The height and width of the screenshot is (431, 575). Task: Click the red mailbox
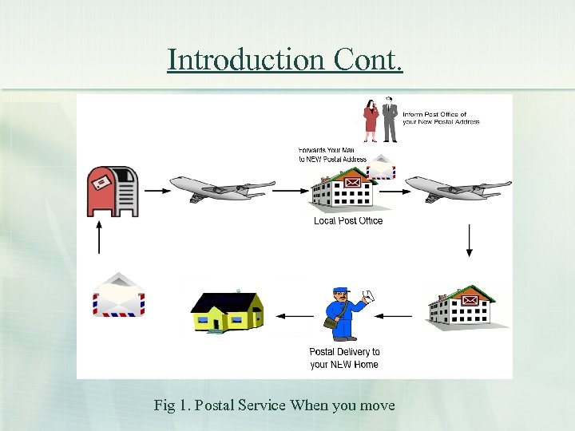(x=113, y=191)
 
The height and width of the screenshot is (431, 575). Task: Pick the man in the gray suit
(x=390, y=119)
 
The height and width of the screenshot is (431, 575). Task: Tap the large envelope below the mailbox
(x=119, y=295)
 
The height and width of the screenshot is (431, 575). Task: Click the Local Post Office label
(x=348, y=221)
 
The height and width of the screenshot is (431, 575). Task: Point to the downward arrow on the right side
(x=470, y=239)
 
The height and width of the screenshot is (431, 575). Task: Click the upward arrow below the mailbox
(x=99, y=237)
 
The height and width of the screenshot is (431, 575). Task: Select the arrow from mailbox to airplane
(x=157, y=191)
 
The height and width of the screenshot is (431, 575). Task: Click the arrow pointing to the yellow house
(x=294, y=316)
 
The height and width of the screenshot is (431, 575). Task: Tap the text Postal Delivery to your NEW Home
(x=344, y=358)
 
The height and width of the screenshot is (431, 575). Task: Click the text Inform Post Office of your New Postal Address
(x=441, y=118)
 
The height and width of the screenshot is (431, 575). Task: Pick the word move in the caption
(x=377, y=405)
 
